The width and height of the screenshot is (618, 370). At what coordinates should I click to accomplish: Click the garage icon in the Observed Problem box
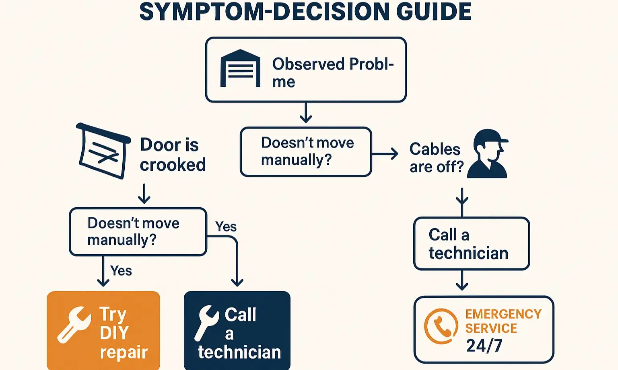click(240, 68)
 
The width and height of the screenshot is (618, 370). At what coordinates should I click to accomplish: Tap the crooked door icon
click(103, 151)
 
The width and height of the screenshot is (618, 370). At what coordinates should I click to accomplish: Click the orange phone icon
click(441, 326)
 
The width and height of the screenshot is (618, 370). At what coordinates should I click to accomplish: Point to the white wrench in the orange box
click(74, 324)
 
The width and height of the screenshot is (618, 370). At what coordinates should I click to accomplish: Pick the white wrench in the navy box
click(206, 322)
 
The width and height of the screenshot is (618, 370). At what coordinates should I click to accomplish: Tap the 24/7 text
click(484, 345)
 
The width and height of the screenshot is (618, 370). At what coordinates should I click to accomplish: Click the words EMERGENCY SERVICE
click(503, 321)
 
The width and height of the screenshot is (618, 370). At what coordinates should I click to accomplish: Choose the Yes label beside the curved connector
click(226, 227)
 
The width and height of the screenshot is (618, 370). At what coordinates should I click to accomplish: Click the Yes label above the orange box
click(121, 271)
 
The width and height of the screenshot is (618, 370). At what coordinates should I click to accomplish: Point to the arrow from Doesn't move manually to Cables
click(385, 153)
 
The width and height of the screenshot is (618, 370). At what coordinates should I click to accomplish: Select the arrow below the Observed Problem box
click(306, 113)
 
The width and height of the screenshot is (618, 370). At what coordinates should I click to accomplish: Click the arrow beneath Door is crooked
click(144, 194)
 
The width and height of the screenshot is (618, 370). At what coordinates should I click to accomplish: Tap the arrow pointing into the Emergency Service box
click(462, 281)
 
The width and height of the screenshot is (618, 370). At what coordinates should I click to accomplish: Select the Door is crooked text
click(173, 155)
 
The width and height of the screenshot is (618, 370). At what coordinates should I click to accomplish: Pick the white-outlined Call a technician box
click(472, 244)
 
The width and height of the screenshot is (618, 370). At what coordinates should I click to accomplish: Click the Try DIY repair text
click(123, 333)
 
